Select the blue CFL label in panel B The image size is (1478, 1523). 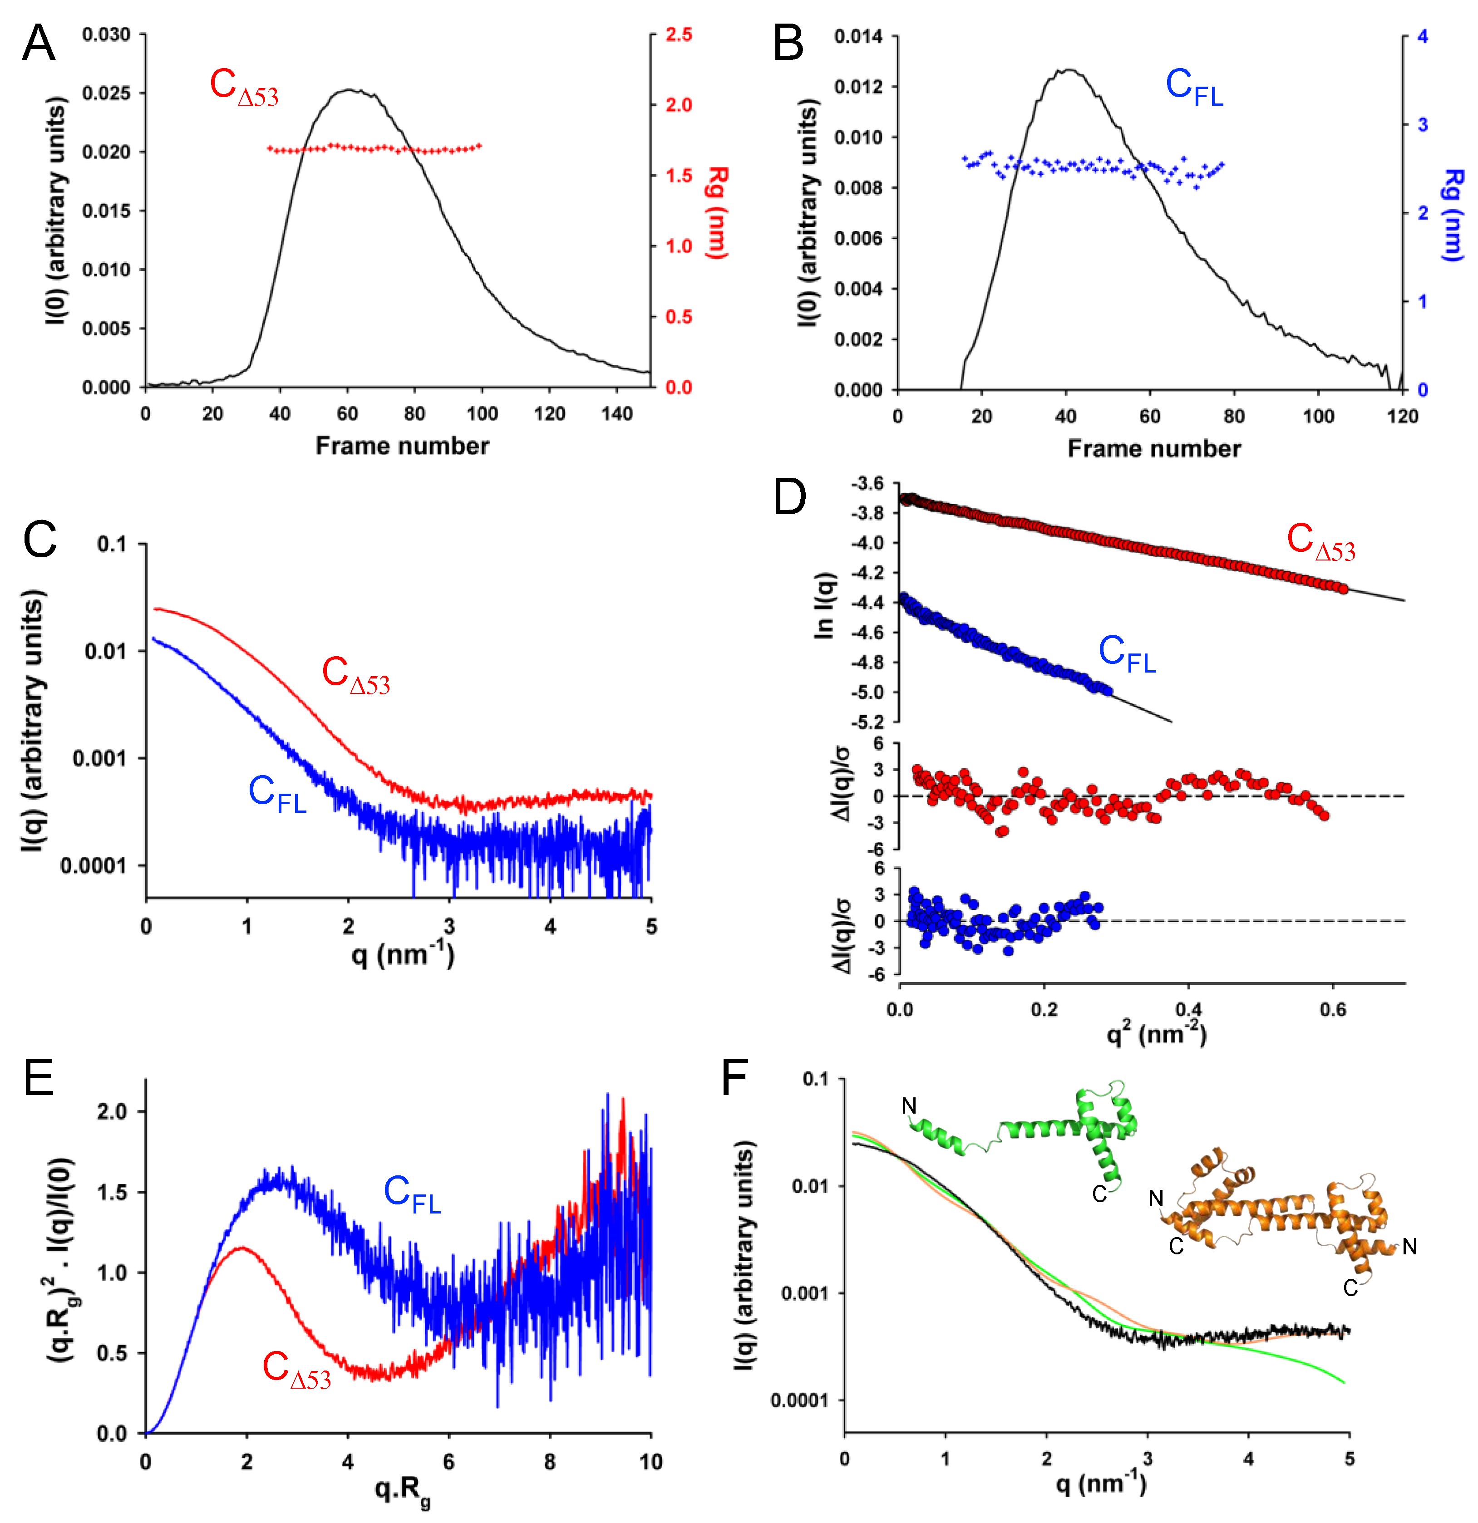(x=1193, y=87)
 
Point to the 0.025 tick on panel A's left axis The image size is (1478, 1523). (x=107, y=93)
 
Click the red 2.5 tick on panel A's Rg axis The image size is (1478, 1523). (x=678, y=35)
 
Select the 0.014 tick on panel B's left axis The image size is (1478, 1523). (x=859, y=36)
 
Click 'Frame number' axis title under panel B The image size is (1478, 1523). (x=1154, y=448)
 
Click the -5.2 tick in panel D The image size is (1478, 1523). (x=867, y=722)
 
